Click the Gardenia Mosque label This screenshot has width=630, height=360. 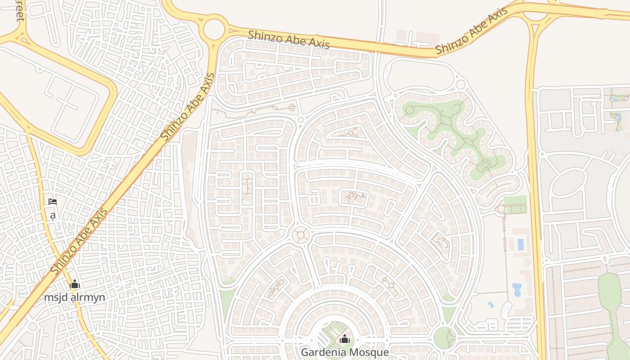click(x=344, y=352)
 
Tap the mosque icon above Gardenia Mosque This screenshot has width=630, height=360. click(x=344, y=339)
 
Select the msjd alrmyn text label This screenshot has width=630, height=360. click(x=75, y=297)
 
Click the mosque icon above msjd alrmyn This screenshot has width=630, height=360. click(x=75, y=284)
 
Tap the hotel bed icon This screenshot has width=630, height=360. click(x=53, y=202)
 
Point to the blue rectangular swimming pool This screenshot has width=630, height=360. click(x=521, y=244)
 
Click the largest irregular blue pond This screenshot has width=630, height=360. click(x=517, y=289)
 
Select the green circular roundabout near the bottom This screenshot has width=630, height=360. click(x=444, y=337)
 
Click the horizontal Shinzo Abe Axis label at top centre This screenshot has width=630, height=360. click(x=288, y=39)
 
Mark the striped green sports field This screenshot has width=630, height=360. click(x=515, y=204)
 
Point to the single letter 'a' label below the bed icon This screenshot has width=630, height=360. click(x=53, y=216)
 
